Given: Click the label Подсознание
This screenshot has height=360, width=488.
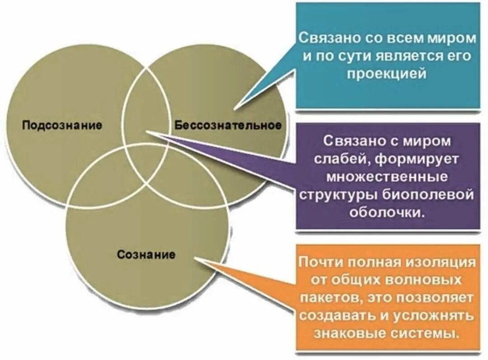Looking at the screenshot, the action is tap(62, 125).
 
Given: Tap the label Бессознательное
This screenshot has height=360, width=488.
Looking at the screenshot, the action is tap(228, 125).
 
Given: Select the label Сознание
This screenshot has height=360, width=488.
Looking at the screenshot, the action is tap(146, 255).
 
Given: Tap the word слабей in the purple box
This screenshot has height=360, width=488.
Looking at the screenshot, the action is tap(345, 159).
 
